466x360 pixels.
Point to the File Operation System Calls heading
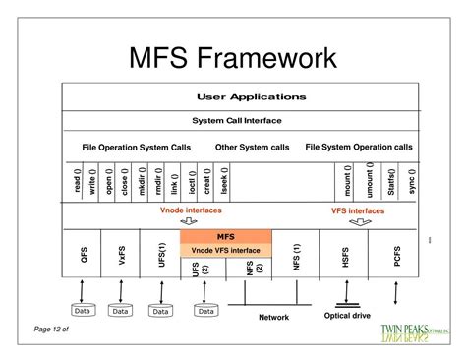coord(137,147)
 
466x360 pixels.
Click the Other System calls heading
coord(252,147)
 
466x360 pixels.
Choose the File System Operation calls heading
coord(359,147)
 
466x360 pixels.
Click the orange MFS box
coord(226,236)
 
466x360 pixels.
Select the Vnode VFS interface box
coord(226,250)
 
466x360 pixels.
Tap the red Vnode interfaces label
coord(191,210)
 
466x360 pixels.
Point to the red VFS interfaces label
coord(358,210)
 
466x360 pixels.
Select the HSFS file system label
coord(345,256)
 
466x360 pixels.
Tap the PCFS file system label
coord(397,256)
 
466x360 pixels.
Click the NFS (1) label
coord(296,256)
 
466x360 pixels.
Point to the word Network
coord(273,317)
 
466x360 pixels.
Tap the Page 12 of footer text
coord(53,329)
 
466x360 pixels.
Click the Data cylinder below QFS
coord(83,310)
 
